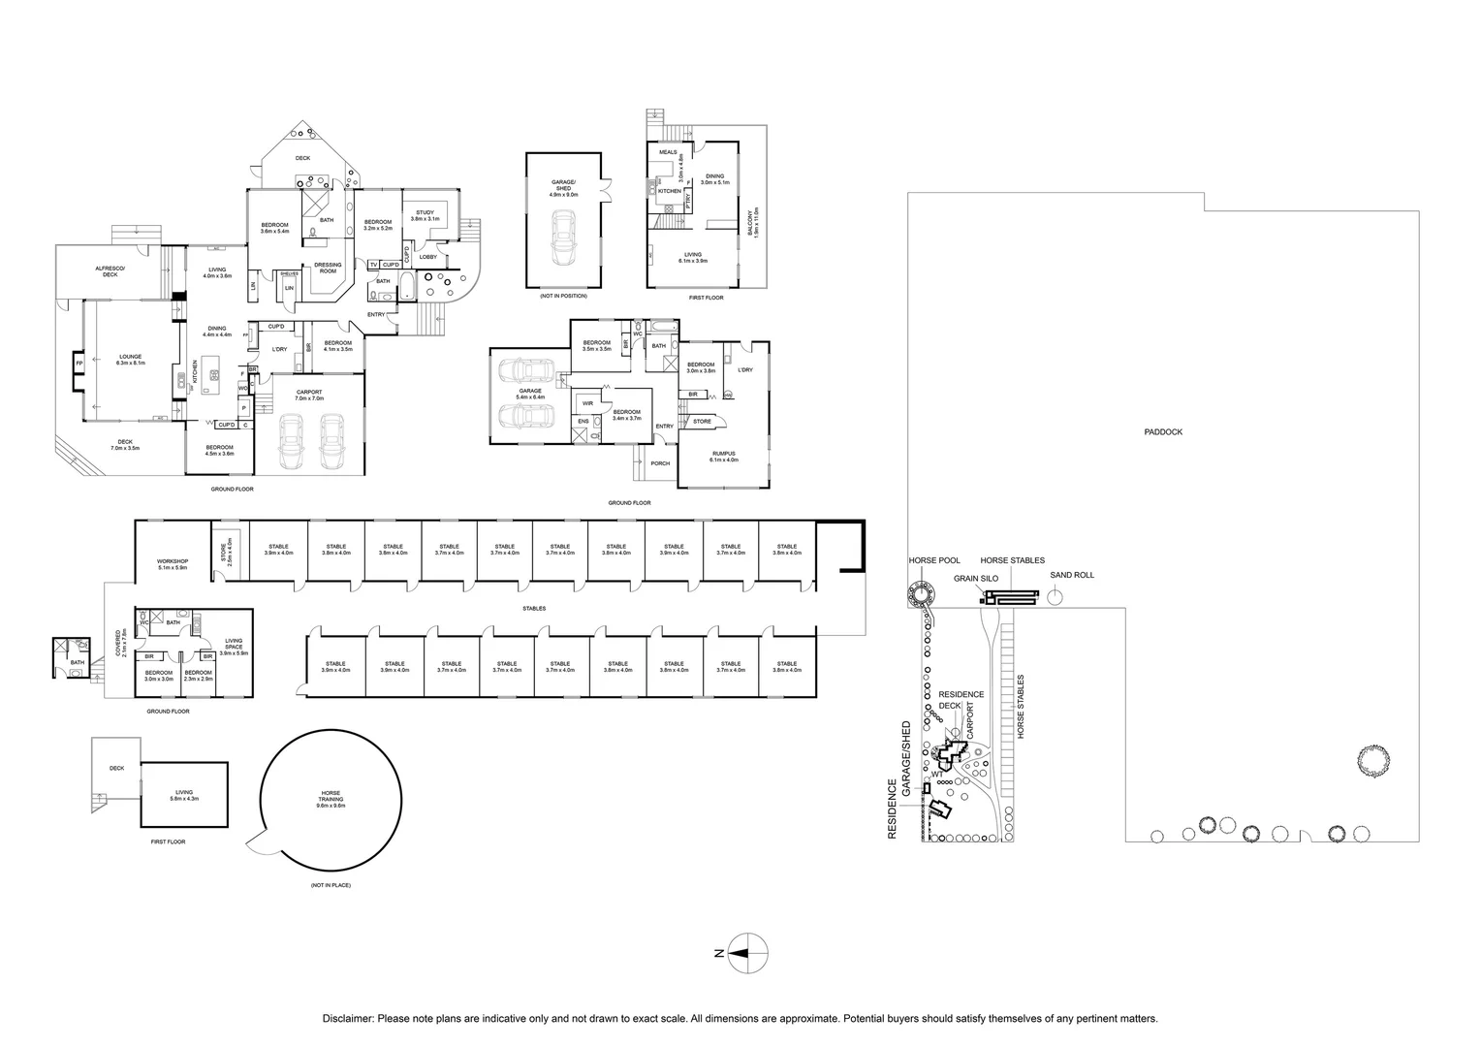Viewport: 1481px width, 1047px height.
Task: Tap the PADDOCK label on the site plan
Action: click(1162, 432)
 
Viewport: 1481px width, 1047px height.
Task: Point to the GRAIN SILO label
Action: click(975, 578)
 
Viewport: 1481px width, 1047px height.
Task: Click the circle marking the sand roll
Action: click(1055, 597)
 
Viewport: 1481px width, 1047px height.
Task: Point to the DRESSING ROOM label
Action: click(328, 268)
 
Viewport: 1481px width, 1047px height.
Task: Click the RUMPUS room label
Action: click(723, 456)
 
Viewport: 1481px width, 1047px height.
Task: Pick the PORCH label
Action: click(660, 463)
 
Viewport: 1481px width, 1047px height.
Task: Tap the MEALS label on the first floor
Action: click(668, 152)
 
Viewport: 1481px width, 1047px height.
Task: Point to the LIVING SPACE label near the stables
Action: click(234, 644)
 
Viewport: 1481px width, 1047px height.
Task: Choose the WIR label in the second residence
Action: click(587, 403)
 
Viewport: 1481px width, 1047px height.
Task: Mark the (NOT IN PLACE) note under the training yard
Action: click(331, 887)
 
